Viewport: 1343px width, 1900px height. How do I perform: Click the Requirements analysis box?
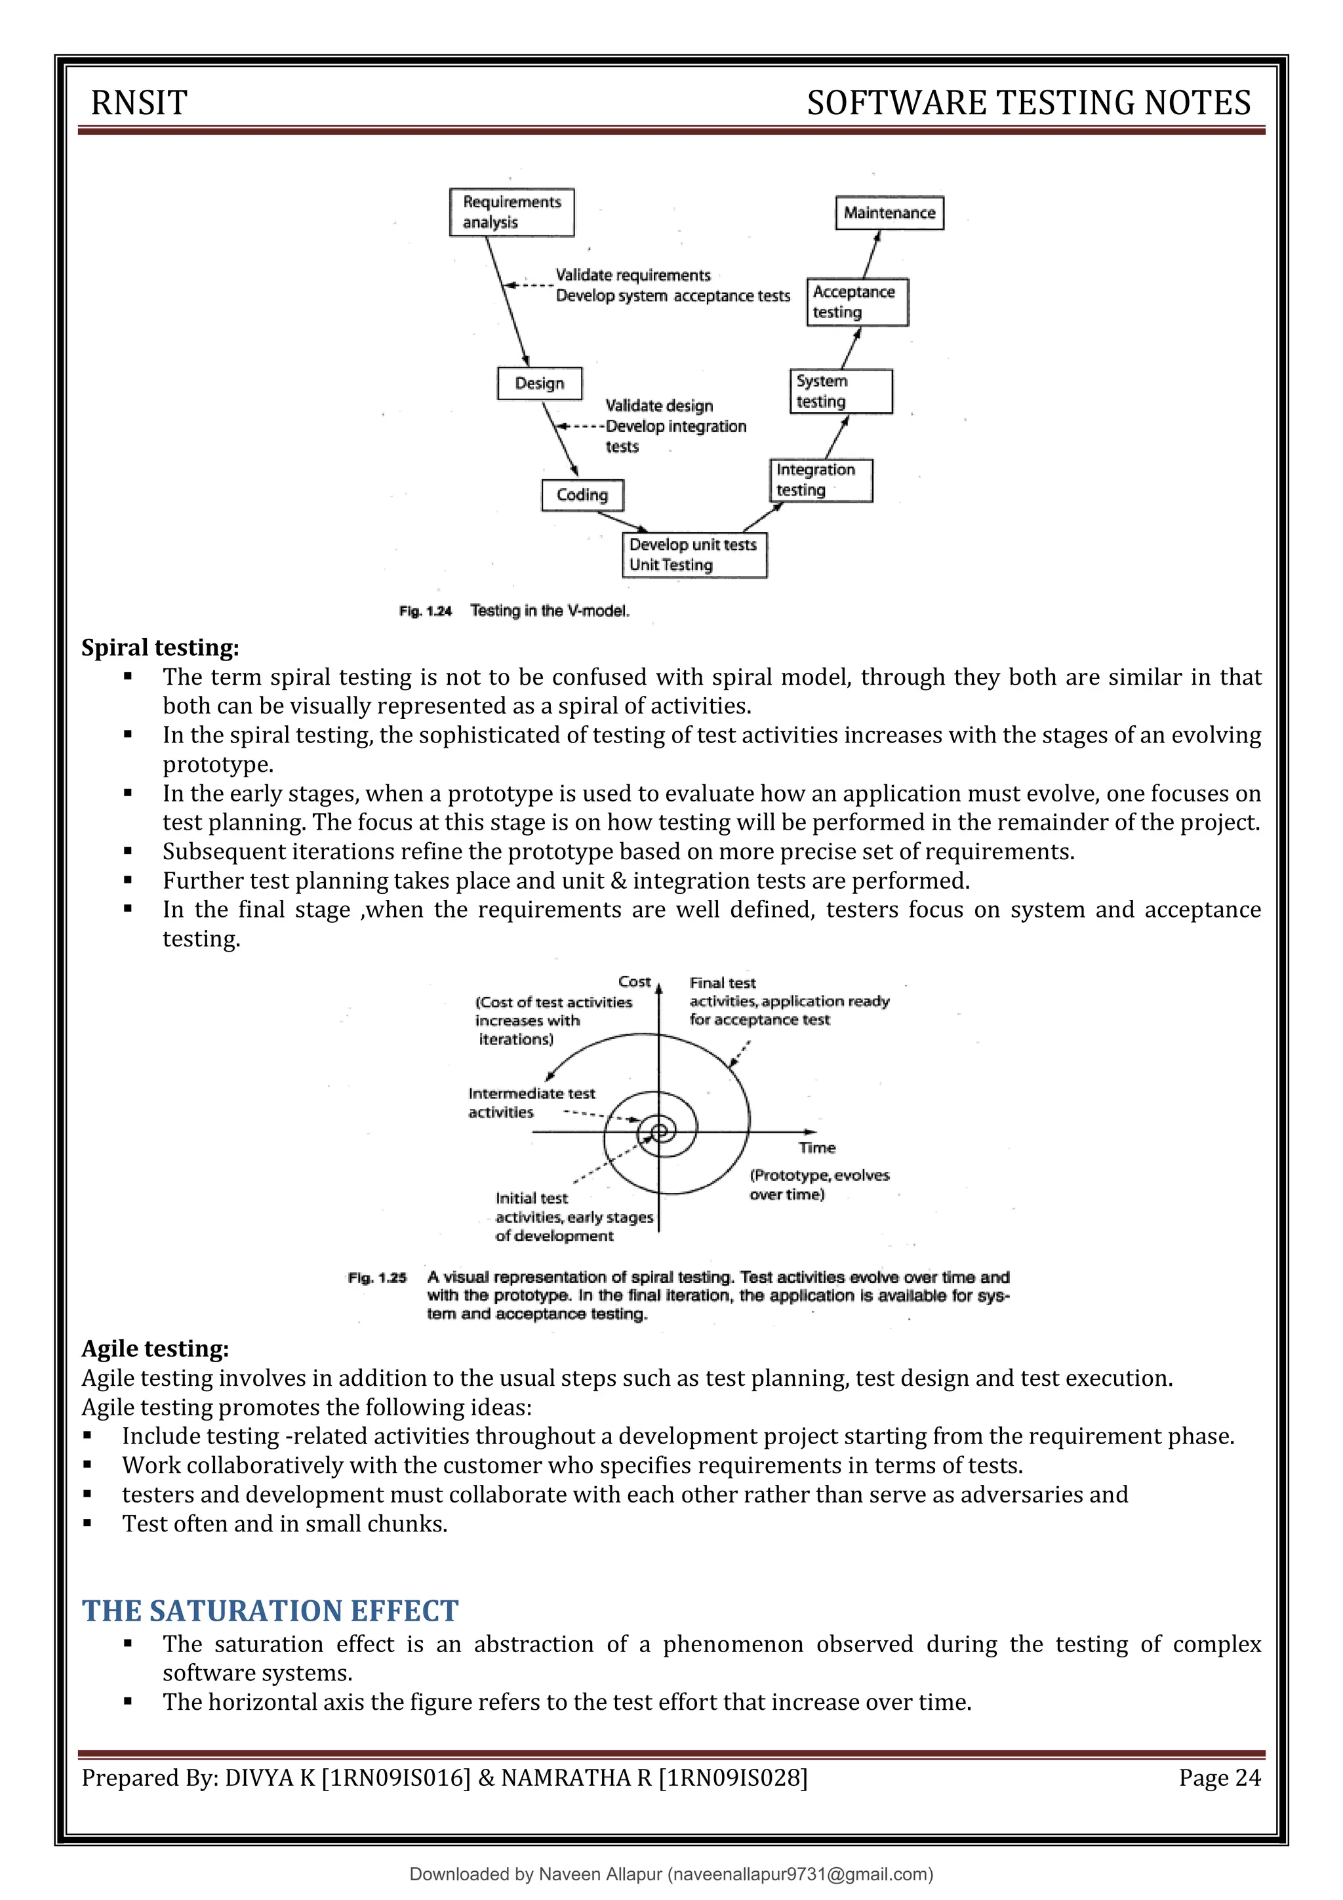point(511,212)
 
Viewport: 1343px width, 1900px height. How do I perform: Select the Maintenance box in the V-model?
point(889,212)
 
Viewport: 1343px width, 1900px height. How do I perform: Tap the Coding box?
point(582,495)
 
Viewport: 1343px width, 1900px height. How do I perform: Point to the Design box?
point(540,383)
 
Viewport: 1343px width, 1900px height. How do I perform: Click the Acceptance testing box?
point(857,302)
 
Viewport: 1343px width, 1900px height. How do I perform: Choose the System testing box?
point(841,392)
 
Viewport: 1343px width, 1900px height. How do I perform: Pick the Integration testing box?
point(820,480)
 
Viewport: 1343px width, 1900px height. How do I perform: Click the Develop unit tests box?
point(693,554)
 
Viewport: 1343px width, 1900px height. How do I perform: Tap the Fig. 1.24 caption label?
point(426,611)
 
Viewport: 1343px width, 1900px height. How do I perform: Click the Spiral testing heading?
point(160,647)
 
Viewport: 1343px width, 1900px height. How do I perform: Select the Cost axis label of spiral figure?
point(635,981)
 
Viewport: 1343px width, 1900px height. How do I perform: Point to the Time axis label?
point(816,1148)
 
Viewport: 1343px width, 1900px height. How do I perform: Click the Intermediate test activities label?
point(531,1103)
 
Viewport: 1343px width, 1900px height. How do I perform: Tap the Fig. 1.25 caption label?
point(377,1278)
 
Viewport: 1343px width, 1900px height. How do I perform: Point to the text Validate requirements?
point(633,275)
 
